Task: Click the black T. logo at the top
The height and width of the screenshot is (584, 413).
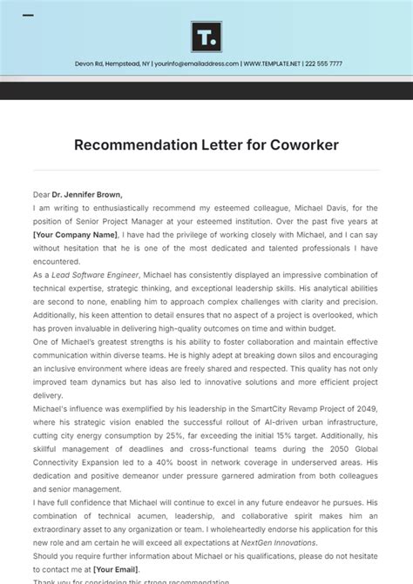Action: (x=206, y=37)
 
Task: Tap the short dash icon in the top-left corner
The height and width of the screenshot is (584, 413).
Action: (x=28, y=16)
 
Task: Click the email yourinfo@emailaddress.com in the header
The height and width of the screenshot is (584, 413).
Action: (x=192, y=64)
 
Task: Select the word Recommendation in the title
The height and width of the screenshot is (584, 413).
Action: (x=133, y=144)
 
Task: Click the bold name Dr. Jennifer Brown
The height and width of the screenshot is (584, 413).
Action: (x=89, y=195)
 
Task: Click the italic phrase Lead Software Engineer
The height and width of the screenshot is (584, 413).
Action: (x=95, y=273)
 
